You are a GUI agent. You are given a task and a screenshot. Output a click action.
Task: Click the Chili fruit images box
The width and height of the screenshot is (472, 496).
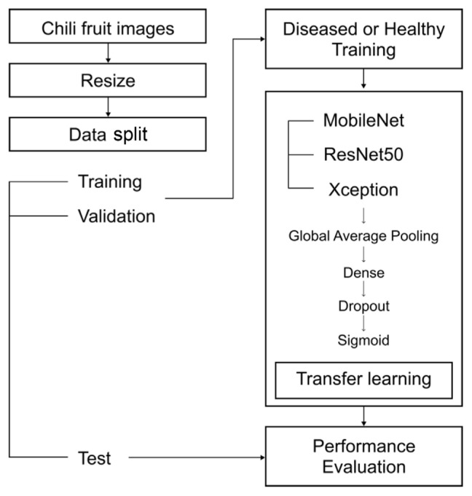coord(108,29)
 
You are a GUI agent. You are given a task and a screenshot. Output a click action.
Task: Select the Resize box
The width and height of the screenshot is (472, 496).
coord(108,79)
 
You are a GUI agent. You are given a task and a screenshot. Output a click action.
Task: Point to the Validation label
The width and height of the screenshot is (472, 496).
coord(117,216)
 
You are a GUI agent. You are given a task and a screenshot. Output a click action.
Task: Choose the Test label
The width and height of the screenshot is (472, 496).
coord(95,457)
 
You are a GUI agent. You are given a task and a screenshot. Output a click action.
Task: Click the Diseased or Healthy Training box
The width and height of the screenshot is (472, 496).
coord(363,40)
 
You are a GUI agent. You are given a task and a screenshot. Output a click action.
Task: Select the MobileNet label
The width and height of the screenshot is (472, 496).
coord(363,120)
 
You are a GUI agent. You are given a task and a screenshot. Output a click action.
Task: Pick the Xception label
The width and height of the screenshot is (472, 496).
coord(362,189)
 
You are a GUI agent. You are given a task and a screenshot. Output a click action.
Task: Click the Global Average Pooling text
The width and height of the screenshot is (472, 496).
coord(363,236)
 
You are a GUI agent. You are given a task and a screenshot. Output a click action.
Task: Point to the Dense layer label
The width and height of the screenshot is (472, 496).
coord(363,272)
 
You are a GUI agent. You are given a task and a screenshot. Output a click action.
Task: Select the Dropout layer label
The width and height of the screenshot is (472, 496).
coord(363,306)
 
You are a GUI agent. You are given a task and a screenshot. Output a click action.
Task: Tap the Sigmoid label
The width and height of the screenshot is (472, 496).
coord(363,340)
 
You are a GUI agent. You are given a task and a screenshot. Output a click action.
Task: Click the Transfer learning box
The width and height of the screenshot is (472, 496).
coord(363,379)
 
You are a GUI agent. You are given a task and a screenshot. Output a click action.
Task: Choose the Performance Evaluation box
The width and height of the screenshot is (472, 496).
coord(363,456)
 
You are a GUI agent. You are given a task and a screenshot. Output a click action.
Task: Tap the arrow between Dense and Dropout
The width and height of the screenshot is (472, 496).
coord(363,288)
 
